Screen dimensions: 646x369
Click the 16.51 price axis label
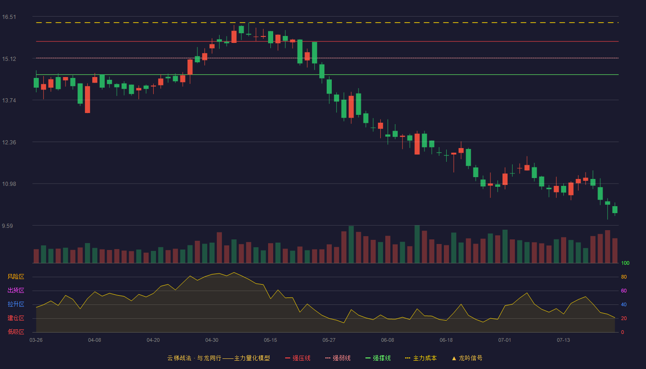tap(9, 17)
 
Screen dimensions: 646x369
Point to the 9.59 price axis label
tap(7, 226)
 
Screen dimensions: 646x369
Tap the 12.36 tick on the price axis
tap(9, 143)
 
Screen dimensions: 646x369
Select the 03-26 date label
tap(36, 340)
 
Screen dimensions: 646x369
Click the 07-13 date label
tap(563, 340)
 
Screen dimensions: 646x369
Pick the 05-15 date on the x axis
tap(270, 340)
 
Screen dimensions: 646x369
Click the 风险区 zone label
tap(16, 277)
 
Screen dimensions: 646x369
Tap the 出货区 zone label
tap(16, 290)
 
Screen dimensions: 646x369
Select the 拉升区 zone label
tap(16, 304)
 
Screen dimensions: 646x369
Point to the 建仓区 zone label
tap(16, 318)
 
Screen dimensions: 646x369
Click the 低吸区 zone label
tap(16, 332)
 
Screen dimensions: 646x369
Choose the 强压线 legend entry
tap(298, 358)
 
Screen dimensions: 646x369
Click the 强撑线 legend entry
tap(378, 358)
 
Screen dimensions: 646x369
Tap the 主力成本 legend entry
tap(421, 358)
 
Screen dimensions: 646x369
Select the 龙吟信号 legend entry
tap(467, 358)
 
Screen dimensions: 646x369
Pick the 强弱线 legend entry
tap(338, 358)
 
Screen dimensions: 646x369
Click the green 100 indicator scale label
tap(625, 263)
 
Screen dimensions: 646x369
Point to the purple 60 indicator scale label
tap(624, 291)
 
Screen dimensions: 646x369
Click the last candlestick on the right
tap(615, 209)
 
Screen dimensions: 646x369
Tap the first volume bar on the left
tap(36, 256)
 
